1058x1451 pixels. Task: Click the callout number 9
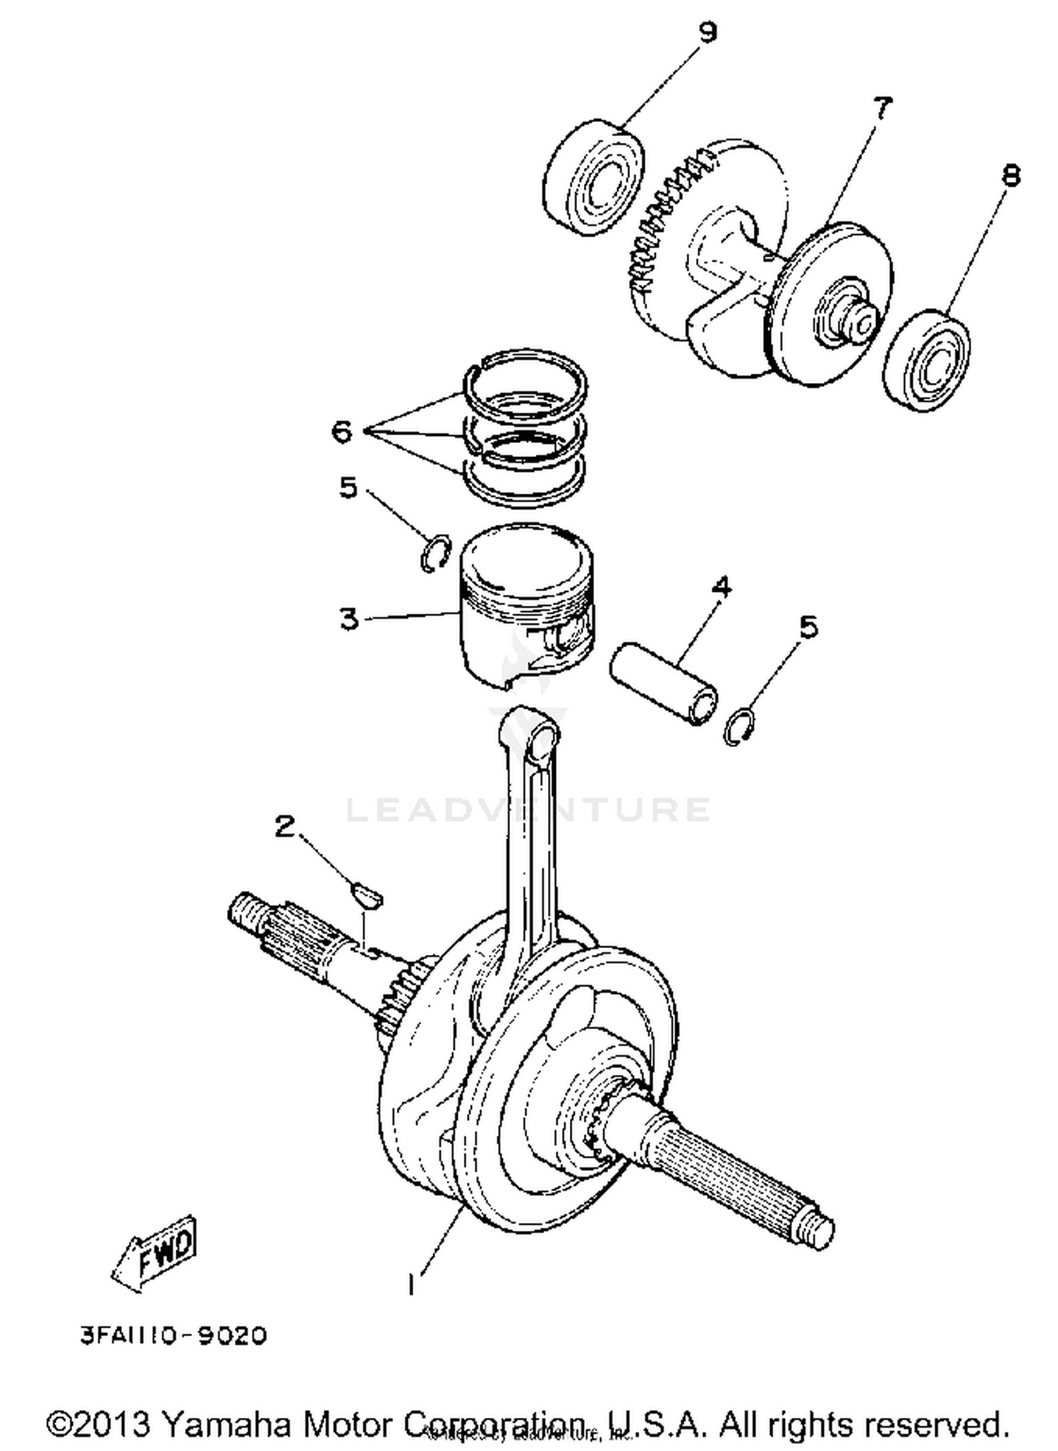tap(707, 32)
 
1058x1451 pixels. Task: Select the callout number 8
tap(1011, 175)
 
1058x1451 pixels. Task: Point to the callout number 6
tap(342, 431)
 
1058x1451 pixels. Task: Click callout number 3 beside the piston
tap(349, 619)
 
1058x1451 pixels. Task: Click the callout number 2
tap(284, 825)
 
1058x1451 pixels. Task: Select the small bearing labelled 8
tap(927, 360)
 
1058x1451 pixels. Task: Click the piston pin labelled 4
tap(664, 682)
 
